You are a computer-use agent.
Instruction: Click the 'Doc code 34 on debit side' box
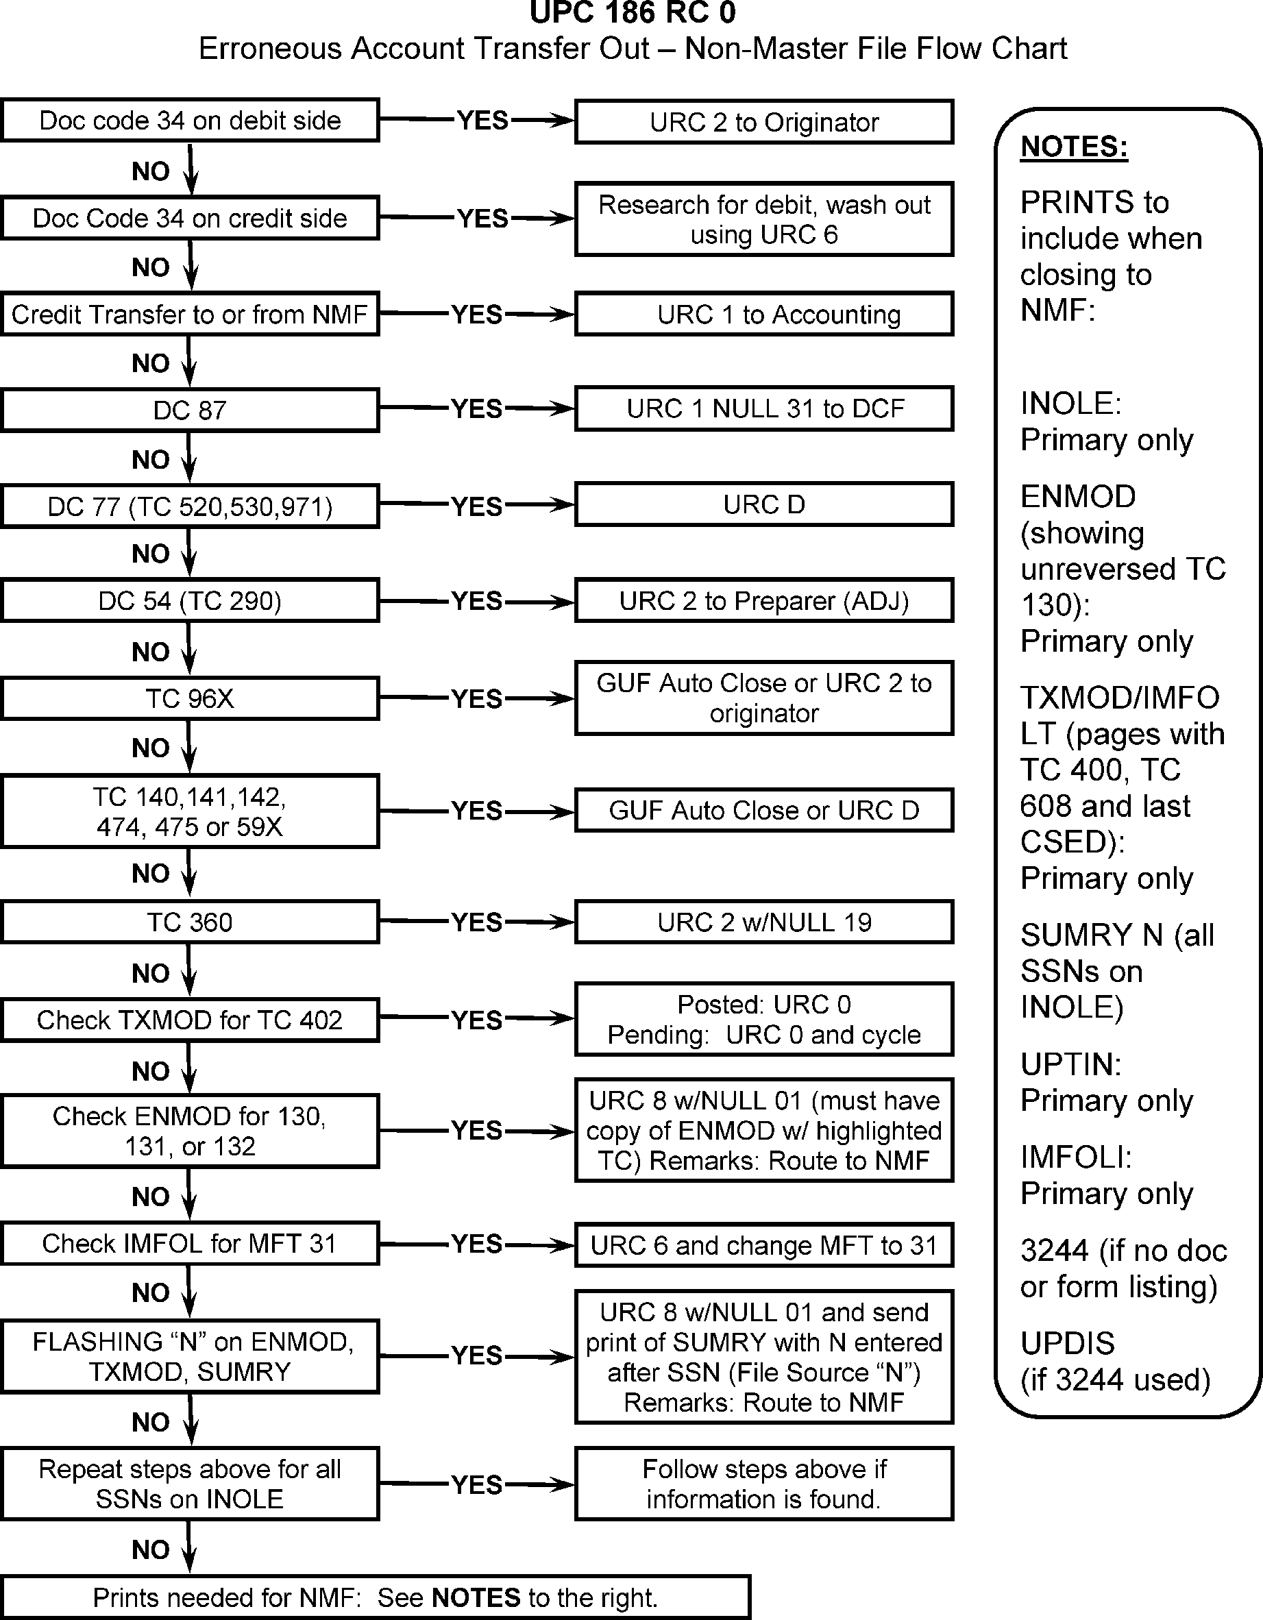click(x=190, y=120)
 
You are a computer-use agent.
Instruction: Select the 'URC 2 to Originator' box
click(x=764, y=123)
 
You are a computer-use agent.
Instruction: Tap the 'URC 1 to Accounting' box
click(x=764, y=315)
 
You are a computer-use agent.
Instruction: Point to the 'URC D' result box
click(x=764, y=504)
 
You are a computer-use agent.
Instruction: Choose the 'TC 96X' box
click(x=190, y=698)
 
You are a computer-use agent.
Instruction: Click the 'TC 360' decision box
click(x=190, y=922)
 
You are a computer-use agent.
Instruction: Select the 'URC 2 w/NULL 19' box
click(x=764, y=922)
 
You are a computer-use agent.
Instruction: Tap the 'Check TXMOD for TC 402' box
click(x=190, y=1020)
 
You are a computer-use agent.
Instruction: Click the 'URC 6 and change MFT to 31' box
click(x=764, y=1245)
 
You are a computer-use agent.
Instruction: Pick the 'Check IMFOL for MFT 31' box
click(x=190, y=1243)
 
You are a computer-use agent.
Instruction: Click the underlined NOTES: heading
click(x=1074, y=146)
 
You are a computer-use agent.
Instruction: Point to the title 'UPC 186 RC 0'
click(x=632, y=12)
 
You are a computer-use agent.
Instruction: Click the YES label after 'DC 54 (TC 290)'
click(x=477, y=601)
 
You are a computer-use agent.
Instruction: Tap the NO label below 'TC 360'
click(x=151, y=973)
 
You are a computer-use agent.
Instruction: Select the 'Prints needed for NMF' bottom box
click(x=376, y=1597)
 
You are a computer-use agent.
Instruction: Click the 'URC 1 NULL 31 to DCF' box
click(x=764, y=408)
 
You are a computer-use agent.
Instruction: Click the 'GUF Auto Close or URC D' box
click(x=764, y=810)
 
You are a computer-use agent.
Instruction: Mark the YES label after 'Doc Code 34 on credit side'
click(x=482, y=219)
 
